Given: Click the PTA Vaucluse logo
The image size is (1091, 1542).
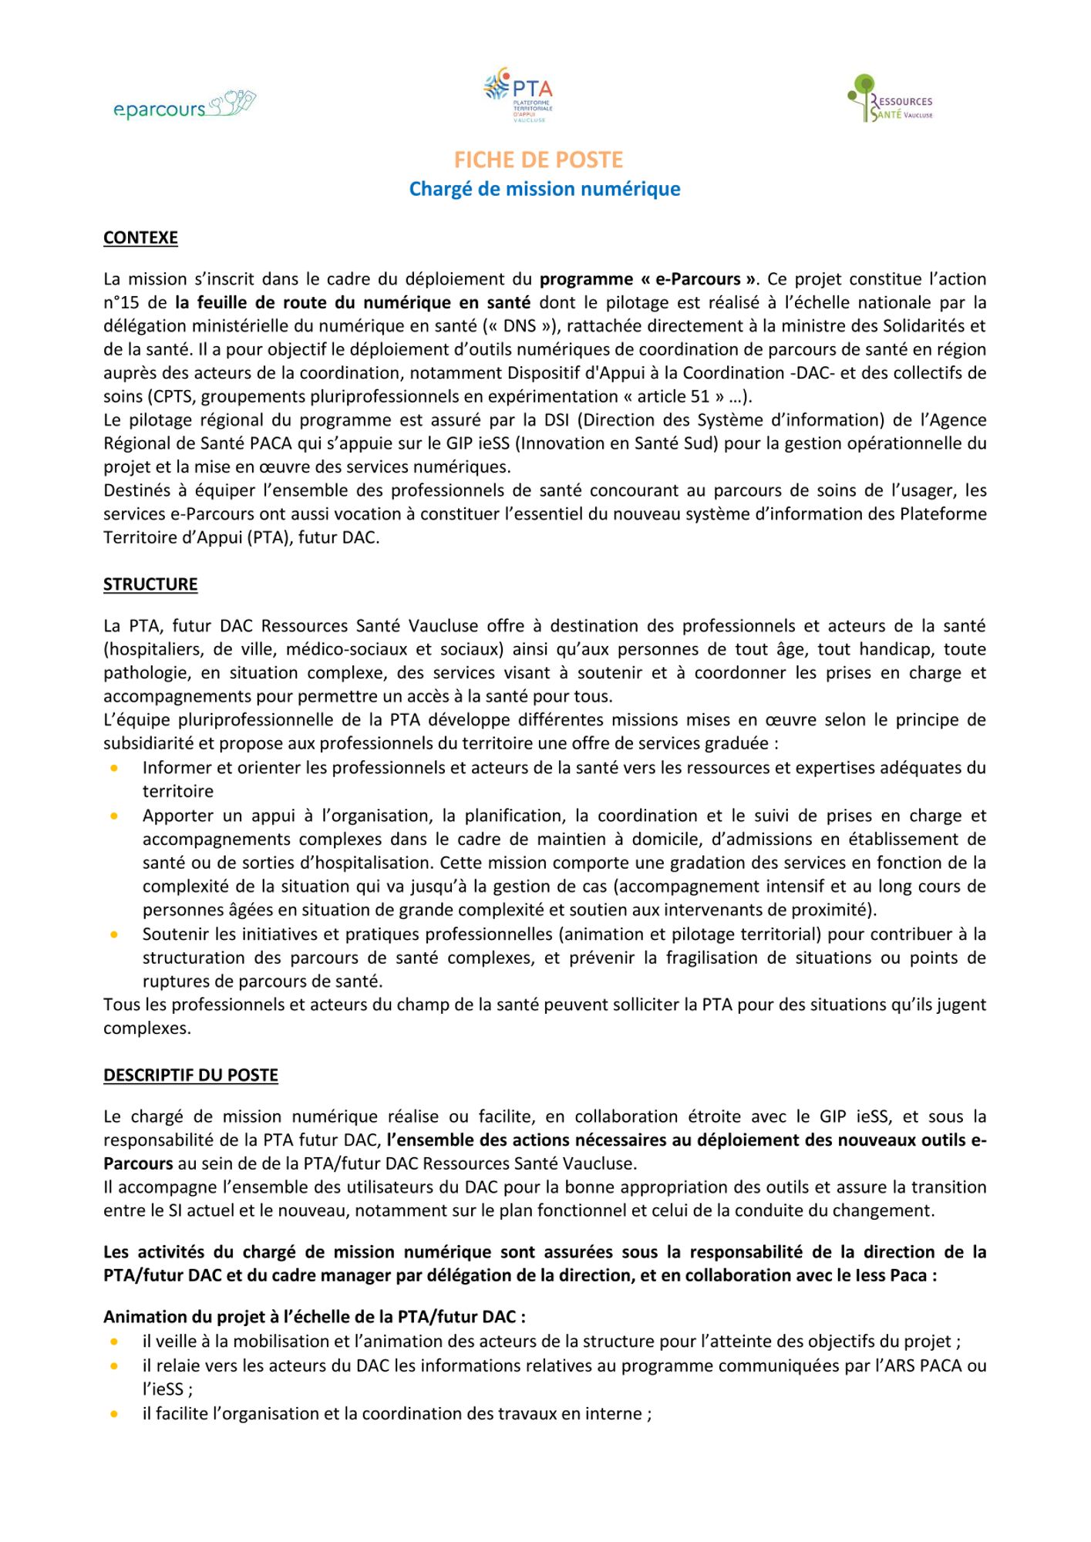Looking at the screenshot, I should click(518, 95).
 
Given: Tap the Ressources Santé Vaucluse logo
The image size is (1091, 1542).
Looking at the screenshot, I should click(890, 99).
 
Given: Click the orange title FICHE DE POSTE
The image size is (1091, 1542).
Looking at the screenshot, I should click(538, 160).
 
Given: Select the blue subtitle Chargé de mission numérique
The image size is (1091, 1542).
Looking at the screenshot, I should click(544, 189).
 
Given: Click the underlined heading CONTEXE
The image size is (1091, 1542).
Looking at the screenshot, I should click(140, 237).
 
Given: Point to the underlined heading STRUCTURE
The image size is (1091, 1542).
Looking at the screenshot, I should click(150, 584).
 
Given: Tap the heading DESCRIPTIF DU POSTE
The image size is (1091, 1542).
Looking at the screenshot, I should click(190, 1076).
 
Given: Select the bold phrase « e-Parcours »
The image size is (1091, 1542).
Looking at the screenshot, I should click(698, 279).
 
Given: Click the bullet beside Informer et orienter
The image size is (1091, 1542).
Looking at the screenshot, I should click(115, 768).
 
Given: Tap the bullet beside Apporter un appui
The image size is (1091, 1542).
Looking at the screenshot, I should click(115, 816).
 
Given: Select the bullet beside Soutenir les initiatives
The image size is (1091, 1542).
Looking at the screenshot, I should click(115, 934).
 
